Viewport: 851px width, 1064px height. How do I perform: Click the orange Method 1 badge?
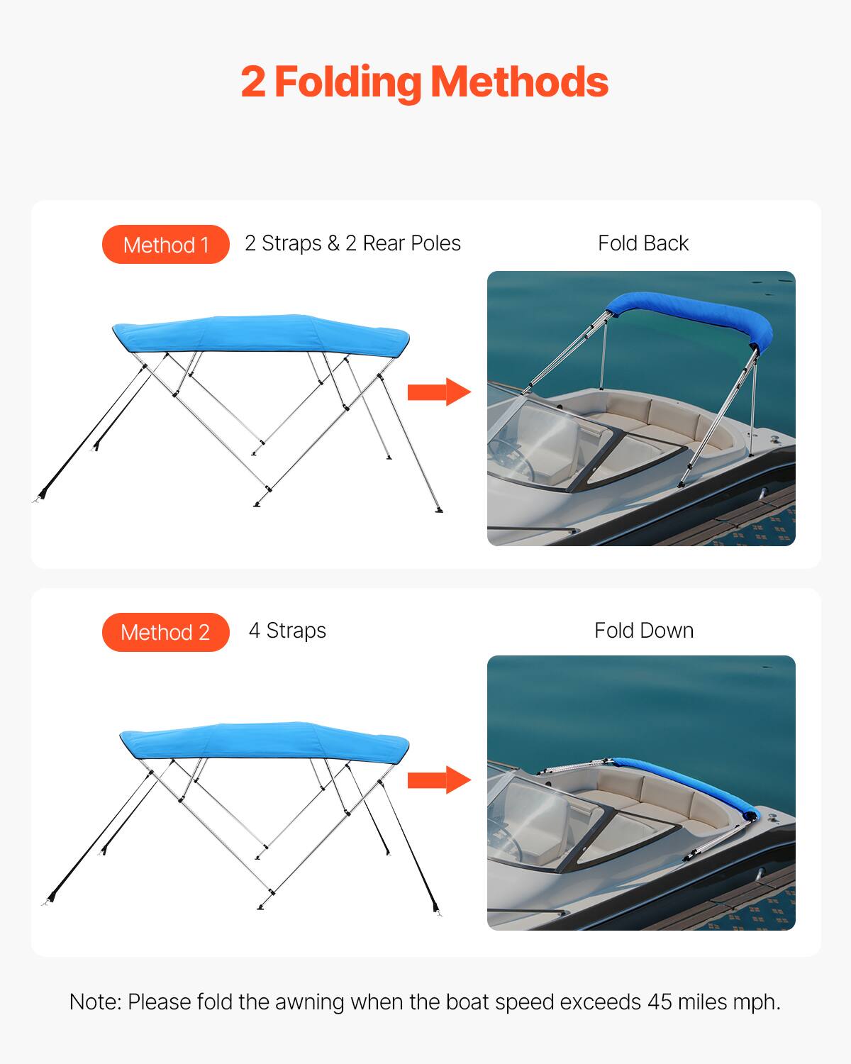[166, 245]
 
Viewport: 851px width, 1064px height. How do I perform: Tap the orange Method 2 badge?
[166, 632]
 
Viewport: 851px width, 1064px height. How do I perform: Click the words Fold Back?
[643, 243]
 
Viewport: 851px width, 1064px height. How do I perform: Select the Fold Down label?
[643, 631]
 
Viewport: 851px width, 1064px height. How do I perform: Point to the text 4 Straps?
[287, 631]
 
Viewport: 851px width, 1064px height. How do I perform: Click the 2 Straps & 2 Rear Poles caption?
[352, 243]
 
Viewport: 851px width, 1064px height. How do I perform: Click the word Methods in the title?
[519, 82]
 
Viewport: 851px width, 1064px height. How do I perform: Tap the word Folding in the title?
[347, 83]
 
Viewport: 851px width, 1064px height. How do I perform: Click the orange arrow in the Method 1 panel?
[439, 392]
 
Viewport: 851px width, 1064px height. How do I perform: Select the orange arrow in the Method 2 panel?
[439, 780]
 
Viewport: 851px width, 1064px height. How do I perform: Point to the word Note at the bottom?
[95, 1002]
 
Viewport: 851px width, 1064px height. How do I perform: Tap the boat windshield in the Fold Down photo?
[543, 816]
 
